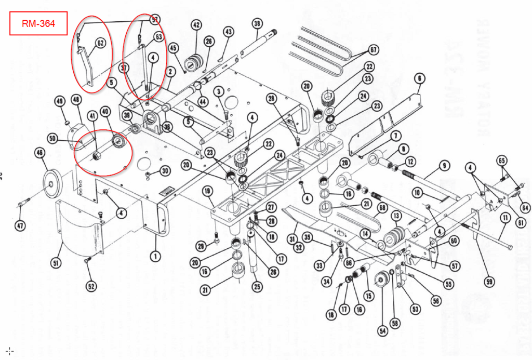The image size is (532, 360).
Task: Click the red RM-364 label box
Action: pyautogui.click(x=38, y=23)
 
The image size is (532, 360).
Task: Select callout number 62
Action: pyautogui.click(x=100, y=42)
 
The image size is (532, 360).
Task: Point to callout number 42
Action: pyautogui.click(x=196, y=25)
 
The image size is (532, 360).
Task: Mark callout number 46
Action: pyautogui.click(x=39, y=153)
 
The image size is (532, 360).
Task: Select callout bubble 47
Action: pyautogui.click(x=20, y=226)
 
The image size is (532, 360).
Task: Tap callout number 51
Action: pyautogui.click(x=56, y=263)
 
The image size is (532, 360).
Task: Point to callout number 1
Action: pyautogui.click(x=154, y=255)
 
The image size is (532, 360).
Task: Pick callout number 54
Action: pyautogui.click(x=383, y=330)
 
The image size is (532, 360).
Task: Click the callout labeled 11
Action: pyautogui.click(x=503, y=218)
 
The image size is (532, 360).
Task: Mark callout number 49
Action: pyautogui.click(x=59, y=100)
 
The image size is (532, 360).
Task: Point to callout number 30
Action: pyautogui.click(x=164, y=171)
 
